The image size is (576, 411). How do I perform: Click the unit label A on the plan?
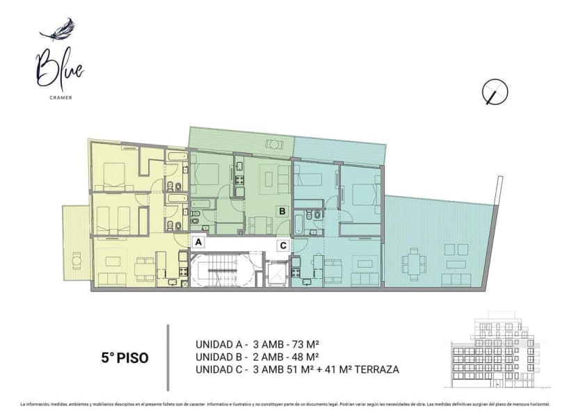199,243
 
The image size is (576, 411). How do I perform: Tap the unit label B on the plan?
282,211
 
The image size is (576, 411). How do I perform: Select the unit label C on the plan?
282,245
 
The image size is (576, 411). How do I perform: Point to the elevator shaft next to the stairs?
277,273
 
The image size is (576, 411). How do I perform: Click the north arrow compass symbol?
495,92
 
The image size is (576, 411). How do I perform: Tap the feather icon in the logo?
58,31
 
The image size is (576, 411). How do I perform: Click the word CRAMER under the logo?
60,97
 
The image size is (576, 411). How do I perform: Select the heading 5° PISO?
124,358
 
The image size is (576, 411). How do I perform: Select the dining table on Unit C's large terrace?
415,261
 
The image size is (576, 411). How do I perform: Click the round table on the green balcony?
274,144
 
